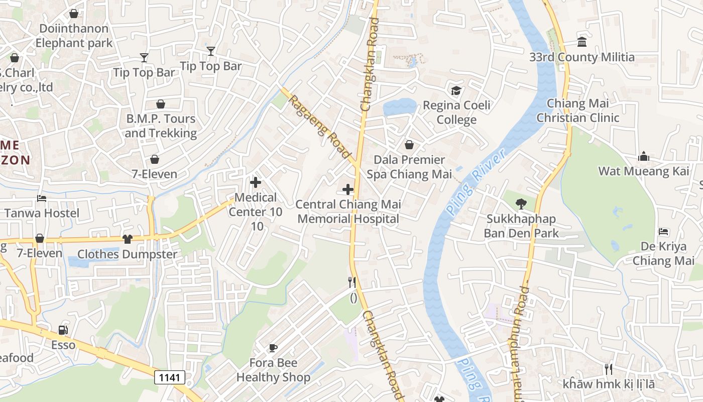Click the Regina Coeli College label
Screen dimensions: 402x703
pos(456,113)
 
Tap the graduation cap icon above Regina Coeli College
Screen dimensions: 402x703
pos(456,91)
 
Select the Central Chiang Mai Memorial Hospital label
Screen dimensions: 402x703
pos(348,212)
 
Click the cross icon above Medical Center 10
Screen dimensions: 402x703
pos(256,182)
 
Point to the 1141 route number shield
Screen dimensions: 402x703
pos(170,377)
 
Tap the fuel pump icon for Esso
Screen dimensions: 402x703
pos(63,330)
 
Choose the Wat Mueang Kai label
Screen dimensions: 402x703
pos(644,171)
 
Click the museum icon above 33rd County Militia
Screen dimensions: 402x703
pos(582,42)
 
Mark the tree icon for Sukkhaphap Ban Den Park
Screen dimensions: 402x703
pos(521,204)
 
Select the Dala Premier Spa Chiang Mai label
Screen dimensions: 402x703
pos(409,167)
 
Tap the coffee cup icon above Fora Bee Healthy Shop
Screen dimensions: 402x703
pos(273,347)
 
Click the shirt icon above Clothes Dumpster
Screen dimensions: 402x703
pos(128,239)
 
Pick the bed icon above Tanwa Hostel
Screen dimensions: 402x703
pos(42,198)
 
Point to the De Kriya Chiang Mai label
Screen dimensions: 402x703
pos(663,253)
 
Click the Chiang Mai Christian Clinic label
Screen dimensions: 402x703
pos(577,111)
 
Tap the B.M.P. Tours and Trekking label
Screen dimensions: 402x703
pos(160,126)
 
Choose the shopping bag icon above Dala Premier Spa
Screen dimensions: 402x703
pos(409,145)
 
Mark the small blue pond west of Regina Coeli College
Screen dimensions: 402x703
pos(399,107)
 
